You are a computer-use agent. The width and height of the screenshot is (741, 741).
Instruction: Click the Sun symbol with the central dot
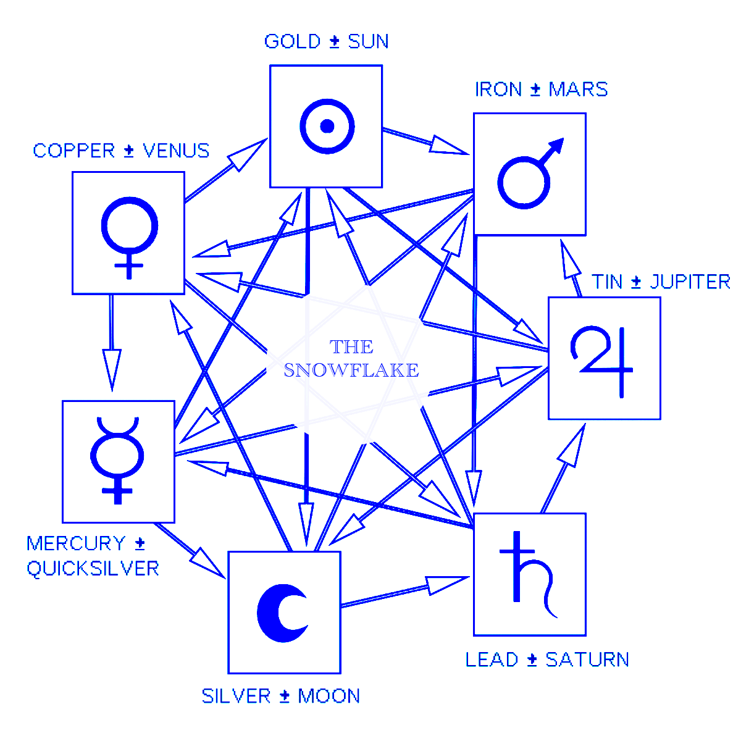[327, 126]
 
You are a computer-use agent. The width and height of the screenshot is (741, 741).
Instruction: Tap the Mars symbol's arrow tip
[559, 143]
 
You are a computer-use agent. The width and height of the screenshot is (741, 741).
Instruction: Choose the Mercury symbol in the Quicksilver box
[117, 460]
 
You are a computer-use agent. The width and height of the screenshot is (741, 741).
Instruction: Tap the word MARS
[578, 90]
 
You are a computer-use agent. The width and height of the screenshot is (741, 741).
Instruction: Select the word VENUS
[176, 151]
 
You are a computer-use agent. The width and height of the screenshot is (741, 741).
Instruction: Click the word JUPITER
[690, 282]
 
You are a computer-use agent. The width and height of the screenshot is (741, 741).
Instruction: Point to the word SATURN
[587, 659]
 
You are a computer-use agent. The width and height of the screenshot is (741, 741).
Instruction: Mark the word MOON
[329, 697]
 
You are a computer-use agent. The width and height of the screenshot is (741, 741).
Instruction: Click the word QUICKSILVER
[93, 569]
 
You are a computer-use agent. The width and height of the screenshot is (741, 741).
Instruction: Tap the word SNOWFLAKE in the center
[351, 370]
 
